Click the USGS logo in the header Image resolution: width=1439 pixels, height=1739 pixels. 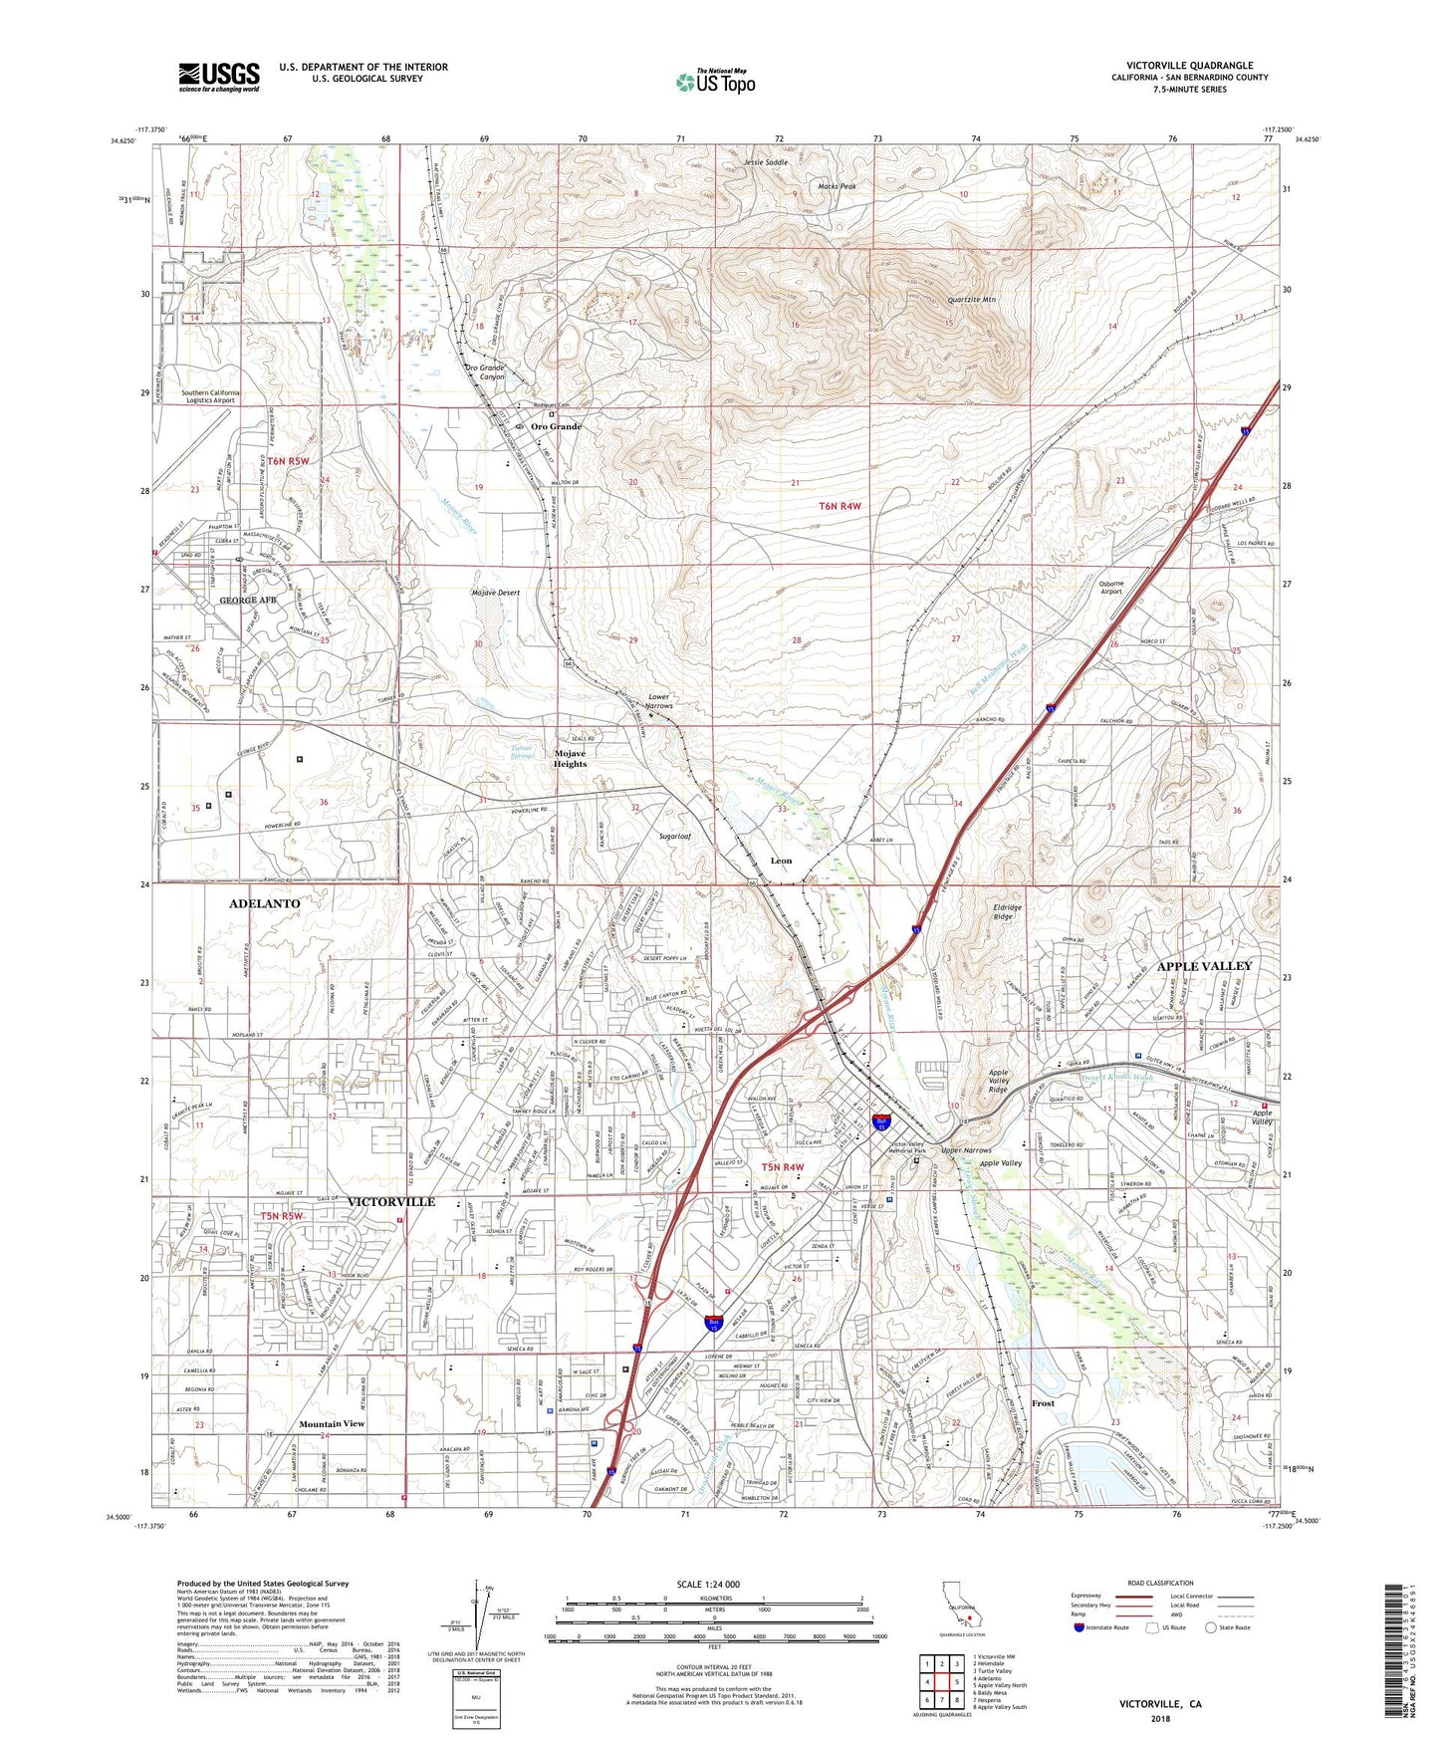[219, 77]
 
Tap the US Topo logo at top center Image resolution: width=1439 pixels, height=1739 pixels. [715, 83]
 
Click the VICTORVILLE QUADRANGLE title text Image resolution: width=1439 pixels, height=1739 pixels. [1189, 66]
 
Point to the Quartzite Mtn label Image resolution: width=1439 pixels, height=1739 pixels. [971, 299]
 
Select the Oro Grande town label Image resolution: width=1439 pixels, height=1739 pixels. [556, 426]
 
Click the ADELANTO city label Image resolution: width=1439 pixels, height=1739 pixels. [264, 903]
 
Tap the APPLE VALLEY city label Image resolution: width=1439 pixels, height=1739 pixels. [1205, 966]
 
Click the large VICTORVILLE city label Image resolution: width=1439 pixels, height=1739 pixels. [391, 1202]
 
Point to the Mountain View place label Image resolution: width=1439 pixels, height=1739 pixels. [332, 1424]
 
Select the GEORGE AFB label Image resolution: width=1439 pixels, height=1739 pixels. [247, 601]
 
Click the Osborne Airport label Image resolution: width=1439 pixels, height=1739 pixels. [1110, 587]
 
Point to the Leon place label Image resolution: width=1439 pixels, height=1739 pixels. [781, 861]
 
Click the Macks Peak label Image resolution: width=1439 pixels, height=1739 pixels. [837, 186]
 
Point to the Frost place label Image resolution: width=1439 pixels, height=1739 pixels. [1043, 1403]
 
